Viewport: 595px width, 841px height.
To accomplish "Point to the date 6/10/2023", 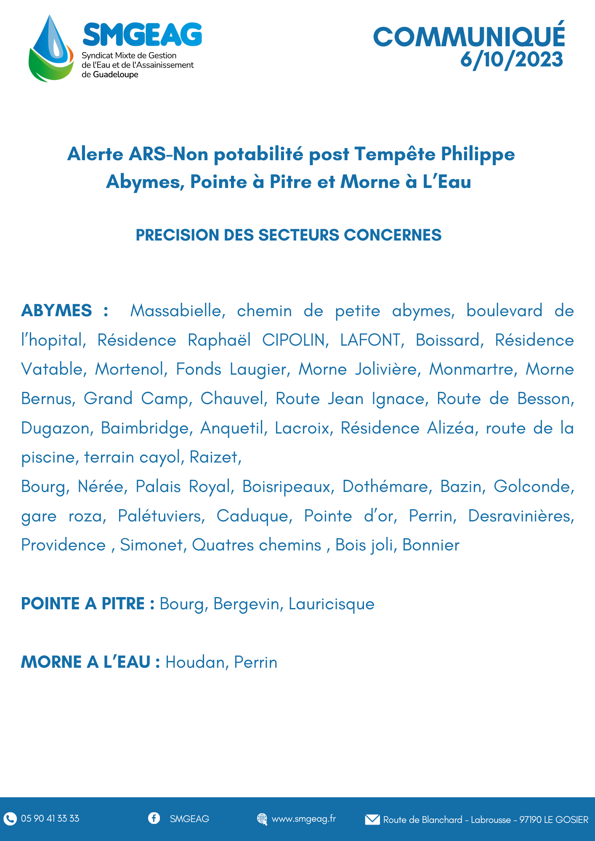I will (511, 59).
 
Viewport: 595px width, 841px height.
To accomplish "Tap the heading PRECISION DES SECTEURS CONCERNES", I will (288, 235).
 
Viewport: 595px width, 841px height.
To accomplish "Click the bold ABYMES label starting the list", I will (56, 311).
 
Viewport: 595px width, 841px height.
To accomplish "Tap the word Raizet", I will (215, 457).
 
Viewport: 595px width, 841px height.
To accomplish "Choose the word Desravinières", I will (521, 516).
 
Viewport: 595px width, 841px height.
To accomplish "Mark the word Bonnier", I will (431, 545).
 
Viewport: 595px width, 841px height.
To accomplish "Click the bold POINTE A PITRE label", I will (83, 604).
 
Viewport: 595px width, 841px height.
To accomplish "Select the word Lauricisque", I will (331, 604).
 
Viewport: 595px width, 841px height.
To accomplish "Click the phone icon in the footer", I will (10, 818).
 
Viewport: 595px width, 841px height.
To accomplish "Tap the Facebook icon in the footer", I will (154, 818).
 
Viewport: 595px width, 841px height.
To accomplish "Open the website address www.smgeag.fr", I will (303, 819).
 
